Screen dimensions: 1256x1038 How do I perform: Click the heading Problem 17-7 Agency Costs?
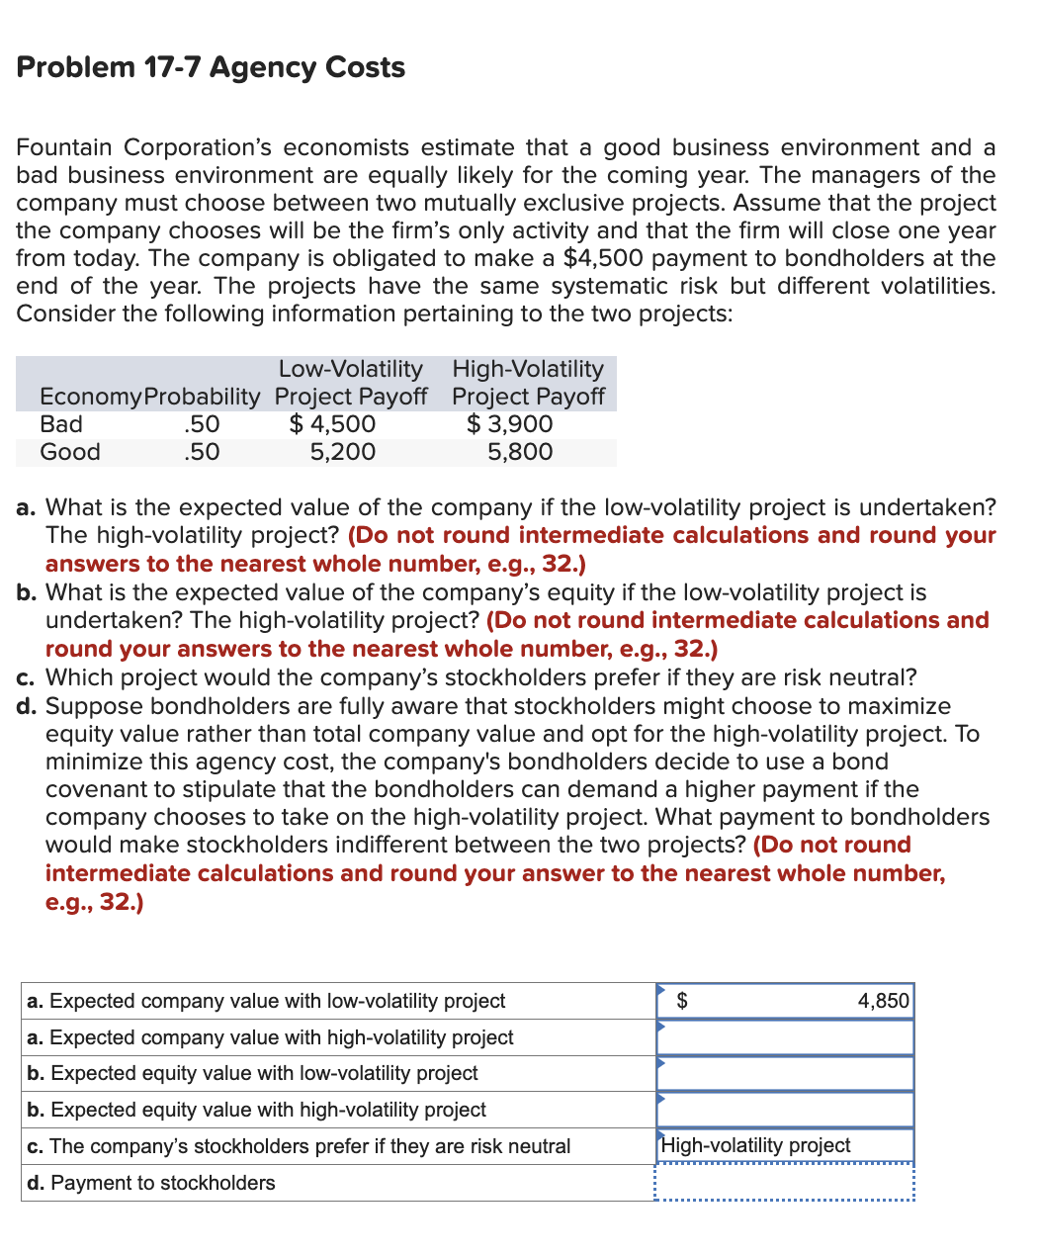pyautogui.click(x=211, y=67)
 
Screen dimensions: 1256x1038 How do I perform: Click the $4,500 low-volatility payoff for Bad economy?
pyautogui.click(x=332, y=424)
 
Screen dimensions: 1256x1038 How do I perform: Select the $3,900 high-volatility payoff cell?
pyautogui.click(x=509, y=424)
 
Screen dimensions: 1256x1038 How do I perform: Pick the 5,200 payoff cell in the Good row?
pyautogui.click(x=342, y=452)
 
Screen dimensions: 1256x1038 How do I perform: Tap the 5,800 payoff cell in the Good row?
pyautogui.click(x=520, y=452)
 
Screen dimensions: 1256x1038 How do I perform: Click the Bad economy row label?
pyautogui.click(x=61, y=424)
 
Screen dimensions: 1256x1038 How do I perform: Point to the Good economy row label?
pyautogui.click(x=70, y=452)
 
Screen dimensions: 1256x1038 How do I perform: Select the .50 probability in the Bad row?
pyautogui.click(x=202, y=424)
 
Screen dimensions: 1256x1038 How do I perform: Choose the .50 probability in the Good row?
pyautogui.click(x=202, y=452)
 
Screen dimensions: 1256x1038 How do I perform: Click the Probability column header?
pyautogui.click(x=203, y=397)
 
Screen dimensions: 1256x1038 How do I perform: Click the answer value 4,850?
pyautogui.click(x=883, y=1001)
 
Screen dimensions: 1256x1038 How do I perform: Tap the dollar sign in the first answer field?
pyautogui.click(x=681, y=1001)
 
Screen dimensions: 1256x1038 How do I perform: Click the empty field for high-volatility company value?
pyautogui.click(x=785, y=1037)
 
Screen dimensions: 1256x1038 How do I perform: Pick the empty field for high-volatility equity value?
pyautogui.click(x=785, y=1110)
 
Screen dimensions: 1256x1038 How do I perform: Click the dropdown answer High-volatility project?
pyautogui.click(x=756, y=1145)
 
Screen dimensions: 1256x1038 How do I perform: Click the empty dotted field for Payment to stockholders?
pyautogui.click(x=785, y=1183)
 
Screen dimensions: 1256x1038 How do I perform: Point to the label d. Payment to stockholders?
pyautogui.click(x=151, y=1183)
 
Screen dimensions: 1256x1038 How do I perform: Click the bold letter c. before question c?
pyautogui.click(x=27, y=677)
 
